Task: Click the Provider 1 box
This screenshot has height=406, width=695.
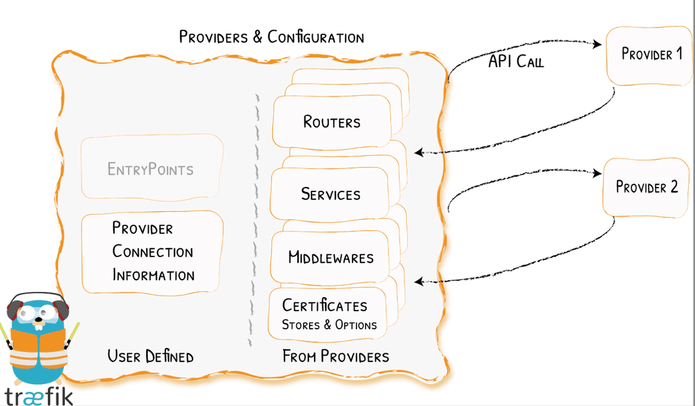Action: (650, 55)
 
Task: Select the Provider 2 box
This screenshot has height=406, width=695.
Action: (645, 188)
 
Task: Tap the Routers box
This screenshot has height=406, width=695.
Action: (332, 122)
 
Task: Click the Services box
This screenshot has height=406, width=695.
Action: (330, 194)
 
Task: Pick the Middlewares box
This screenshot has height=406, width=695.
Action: (331, 258)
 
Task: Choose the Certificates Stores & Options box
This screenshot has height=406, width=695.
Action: (329, 314)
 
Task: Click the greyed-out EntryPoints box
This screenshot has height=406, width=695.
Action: (151, 169)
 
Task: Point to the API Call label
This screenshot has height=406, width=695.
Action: (516, 62)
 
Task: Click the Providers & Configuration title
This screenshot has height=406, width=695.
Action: (271, 37)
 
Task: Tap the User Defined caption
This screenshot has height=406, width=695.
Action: (151, 356)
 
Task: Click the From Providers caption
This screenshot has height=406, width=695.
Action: (335, 356)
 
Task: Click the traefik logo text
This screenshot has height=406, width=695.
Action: (39, 394)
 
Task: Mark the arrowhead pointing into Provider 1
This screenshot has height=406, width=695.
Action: (598, 43)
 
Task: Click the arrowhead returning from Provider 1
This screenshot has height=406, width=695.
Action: (419, 153)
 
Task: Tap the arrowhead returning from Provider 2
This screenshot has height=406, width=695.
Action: (419, 281)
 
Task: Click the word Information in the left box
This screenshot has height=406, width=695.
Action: (153, 275)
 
